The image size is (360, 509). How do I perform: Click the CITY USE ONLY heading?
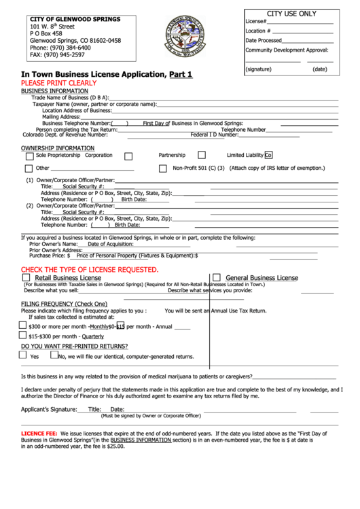[x=291, y=14]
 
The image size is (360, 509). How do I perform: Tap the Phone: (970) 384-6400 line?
[x=60, y=48]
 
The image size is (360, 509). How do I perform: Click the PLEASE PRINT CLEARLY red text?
[x=58, y=82]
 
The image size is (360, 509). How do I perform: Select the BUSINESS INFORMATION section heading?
[x=54, y=90]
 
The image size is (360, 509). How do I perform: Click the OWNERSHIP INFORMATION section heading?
[x=58, y=147]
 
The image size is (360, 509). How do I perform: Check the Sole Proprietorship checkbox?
[x=29, y=156]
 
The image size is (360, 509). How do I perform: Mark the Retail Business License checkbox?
[x=26, y=277]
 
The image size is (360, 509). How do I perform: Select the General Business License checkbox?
[x=217, y=277]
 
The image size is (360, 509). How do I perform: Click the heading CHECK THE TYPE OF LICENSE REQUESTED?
[x=90, y=270]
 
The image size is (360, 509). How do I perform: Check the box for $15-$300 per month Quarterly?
[x=23, y=336]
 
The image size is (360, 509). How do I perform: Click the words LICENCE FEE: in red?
[x=39, y=433]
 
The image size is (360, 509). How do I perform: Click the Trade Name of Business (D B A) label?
[x=70, y=97]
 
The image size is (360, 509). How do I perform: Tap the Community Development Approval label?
[x=287, y=50]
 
